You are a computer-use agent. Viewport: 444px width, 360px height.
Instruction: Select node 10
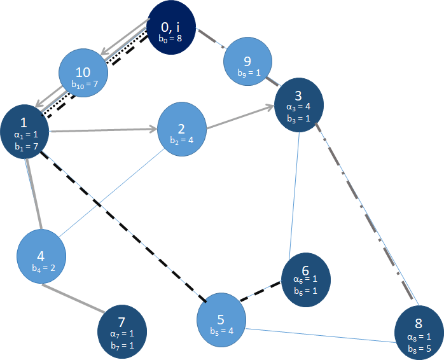(x=83, y=74)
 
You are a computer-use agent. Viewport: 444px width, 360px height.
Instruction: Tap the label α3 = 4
(x=298, y=106)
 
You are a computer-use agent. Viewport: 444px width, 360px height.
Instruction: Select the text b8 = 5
(x=419, y=348)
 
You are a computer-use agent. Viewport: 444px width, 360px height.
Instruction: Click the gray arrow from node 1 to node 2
(x=102, y=130)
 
